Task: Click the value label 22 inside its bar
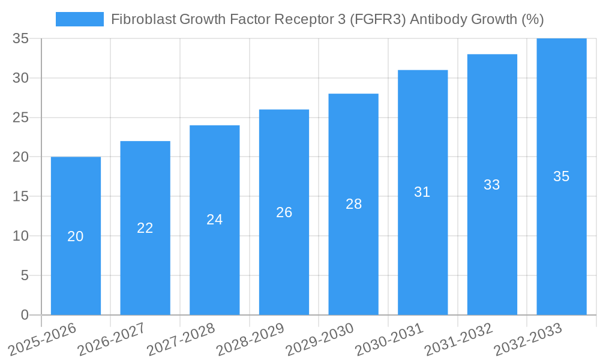(x=145, y=228)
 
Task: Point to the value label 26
(x=284, y=212)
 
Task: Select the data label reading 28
(x=354, y=204)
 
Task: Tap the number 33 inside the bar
(x=492, y=185)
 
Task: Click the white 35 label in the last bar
(x=561, y=176)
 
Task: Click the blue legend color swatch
(x=80, y=19)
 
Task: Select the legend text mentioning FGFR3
(x=328, y=19)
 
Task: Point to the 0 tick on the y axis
(x=25, y=315)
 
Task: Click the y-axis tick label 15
(x=21, y=196)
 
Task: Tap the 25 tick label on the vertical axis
(x=21, y=118)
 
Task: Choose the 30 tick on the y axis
(x=21, y=78)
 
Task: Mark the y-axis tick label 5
(x=25, y=275)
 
